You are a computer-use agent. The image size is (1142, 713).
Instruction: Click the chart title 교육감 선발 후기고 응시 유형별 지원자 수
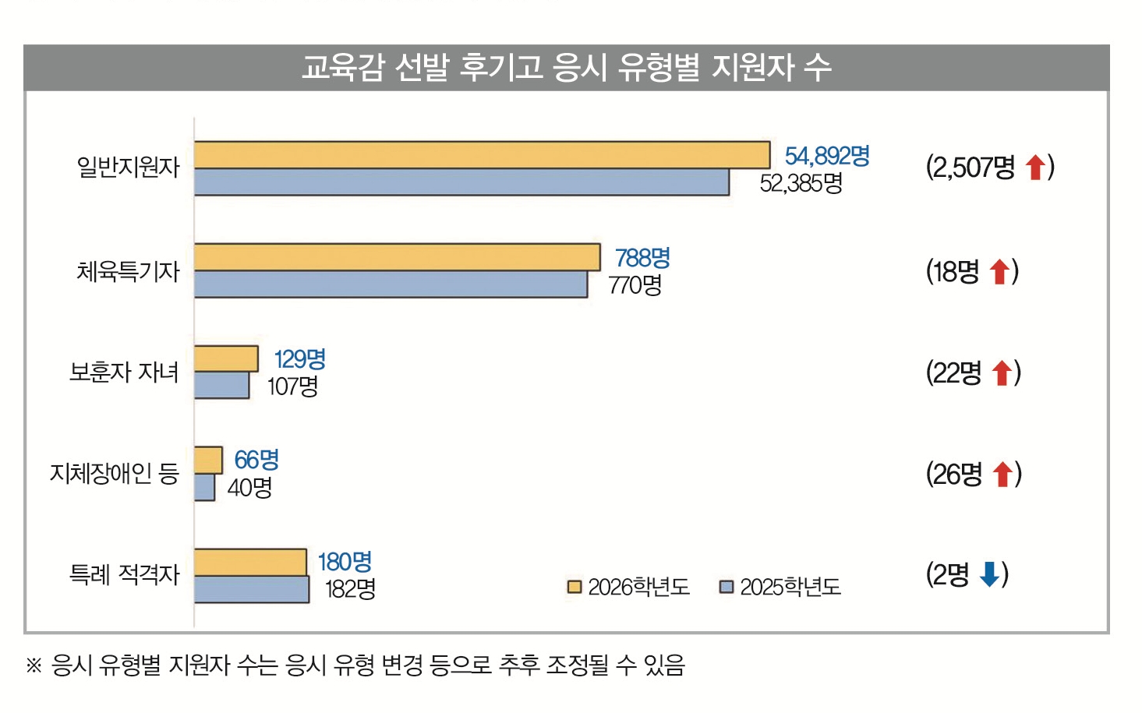(566, 68)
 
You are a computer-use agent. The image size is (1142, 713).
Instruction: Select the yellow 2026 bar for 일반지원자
(482, 155)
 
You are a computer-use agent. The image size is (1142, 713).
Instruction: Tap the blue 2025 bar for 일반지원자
(461, 182)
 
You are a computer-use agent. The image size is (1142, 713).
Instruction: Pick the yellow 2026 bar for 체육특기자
(397, 257)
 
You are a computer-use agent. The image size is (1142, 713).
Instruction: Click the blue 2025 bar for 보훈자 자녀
(221, 385)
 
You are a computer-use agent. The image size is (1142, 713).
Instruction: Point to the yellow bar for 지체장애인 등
(208, 460)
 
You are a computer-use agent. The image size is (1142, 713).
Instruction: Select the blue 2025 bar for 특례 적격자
(251, 589)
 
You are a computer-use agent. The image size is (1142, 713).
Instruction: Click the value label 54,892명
(827, 156)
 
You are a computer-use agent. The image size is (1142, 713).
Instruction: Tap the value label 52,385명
(801, 183)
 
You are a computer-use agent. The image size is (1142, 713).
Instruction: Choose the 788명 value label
(642, 258)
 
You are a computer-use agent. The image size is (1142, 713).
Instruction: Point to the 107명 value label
(292, 386)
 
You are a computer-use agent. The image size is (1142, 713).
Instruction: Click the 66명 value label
(256, 460)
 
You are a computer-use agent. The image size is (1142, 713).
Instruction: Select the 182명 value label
(350, 588)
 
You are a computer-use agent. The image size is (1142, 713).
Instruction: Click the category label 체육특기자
(128, 271)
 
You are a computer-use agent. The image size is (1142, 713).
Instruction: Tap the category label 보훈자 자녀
(124, 372)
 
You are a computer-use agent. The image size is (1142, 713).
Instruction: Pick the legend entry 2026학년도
(629, 587)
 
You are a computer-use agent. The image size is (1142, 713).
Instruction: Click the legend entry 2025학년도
(780, 587)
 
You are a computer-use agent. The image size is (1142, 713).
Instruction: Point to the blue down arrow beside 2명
(989, 574)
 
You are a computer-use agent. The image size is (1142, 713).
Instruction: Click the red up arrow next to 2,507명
(1035, 167)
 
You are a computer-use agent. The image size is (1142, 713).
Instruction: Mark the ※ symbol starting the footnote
(34, 665)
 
